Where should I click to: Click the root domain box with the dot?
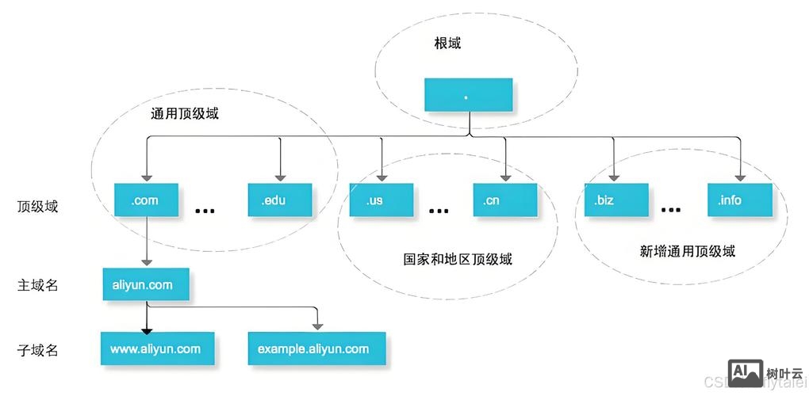468,95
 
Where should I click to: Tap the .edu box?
280,200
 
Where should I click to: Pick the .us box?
381,200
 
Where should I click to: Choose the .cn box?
504,200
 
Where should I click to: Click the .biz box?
615,200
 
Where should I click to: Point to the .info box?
740,200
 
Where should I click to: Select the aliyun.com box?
146,284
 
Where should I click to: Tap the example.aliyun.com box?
316,348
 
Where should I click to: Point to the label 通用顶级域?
184,113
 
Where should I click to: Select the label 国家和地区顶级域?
457,259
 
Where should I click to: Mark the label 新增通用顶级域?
688,252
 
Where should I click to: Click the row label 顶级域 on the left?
38,207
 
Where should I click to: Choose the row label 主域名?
38,285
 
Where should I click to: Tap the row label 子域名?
38,349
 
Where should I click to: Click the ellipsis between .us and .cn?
439,211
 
